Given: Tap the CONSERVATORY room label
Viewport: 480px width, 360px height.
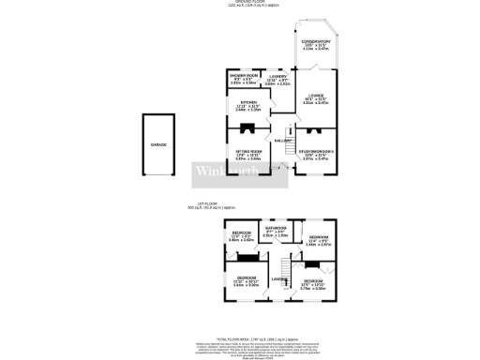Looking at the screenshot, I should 315,42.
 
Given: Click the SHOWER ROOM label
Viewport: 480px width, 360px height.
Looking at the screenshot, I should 243,75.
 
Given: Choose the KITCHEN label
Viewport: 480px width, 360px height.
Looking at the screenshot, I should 247,103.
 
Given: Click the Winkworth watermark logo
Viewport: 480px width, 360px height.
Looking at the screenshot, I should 222,172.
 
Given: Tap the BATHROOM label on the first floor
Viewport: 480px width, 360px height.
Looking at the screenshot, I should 275,228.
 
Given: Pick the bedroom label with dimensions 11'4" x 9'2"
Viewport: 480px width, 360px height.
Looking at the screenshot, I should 317,238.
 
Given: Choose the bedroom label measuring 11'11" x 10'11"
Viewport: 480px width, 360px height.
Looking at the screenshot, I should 247,278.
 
